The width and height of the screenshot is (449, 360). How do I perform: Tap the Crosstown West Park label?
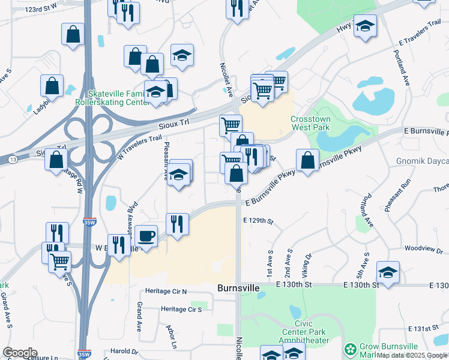pos(310,123)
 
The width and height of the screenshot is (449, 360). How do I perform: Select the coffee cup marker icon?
pos(146,235)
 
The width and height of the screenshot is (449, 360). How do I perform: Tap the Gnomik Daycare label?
pos(423,161)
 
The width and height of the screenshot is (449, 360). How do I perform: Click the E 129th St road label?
pos(258,221)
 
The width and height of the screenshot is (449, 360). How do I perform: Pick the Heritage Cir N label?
pos(165,292)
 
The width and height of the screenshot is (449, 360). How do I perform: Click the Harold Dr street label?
pos(124,352)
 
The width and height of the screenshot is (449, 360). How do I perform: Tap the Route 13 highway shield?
pos(13,160)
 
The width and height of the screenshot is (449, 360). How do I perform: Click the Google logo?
pos(20,353)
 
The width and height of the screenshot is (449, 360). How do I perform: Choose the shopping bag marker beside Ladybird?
pos(52,86)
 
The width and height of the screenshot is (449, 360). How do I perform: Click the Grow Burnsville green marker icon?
pos(350,349)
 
